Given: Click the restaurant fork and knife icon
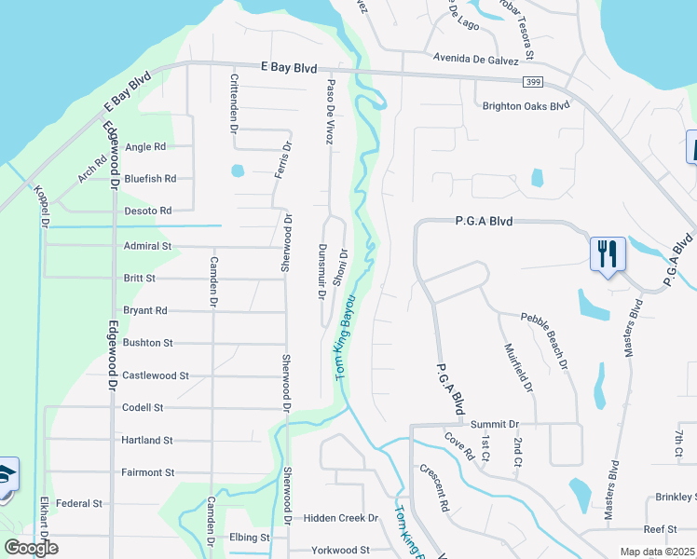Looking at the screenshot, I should [x=606, y=253].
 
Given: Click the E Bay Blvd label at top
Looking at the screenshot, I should [x=289, y=68].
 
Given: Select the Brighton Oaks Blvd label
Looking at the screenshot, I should [x=525, y=106].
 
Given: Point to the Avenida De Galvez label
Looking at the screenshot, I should [x=475, y=58].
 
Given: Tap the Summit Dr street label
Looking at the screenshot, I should [x=494, y=425].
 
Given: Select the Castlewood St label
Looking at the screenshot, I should [x=156, y=375].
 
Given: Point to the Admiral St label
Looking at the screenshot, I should [x=147, y=246].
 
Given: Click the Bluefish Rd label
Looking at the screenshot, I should [x=150, y=178].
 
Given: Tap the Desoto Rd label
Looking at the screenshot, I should [x=147, y=211].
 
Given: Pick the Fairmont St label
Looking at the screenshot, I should [x=148, y=472].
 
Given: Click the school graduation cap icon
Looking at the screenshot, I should [x=6, y=475].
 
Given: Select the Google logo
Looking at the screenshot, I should [x=31, y=548].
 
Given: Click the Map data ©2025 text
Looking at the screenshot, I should [x=657, y=552].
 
